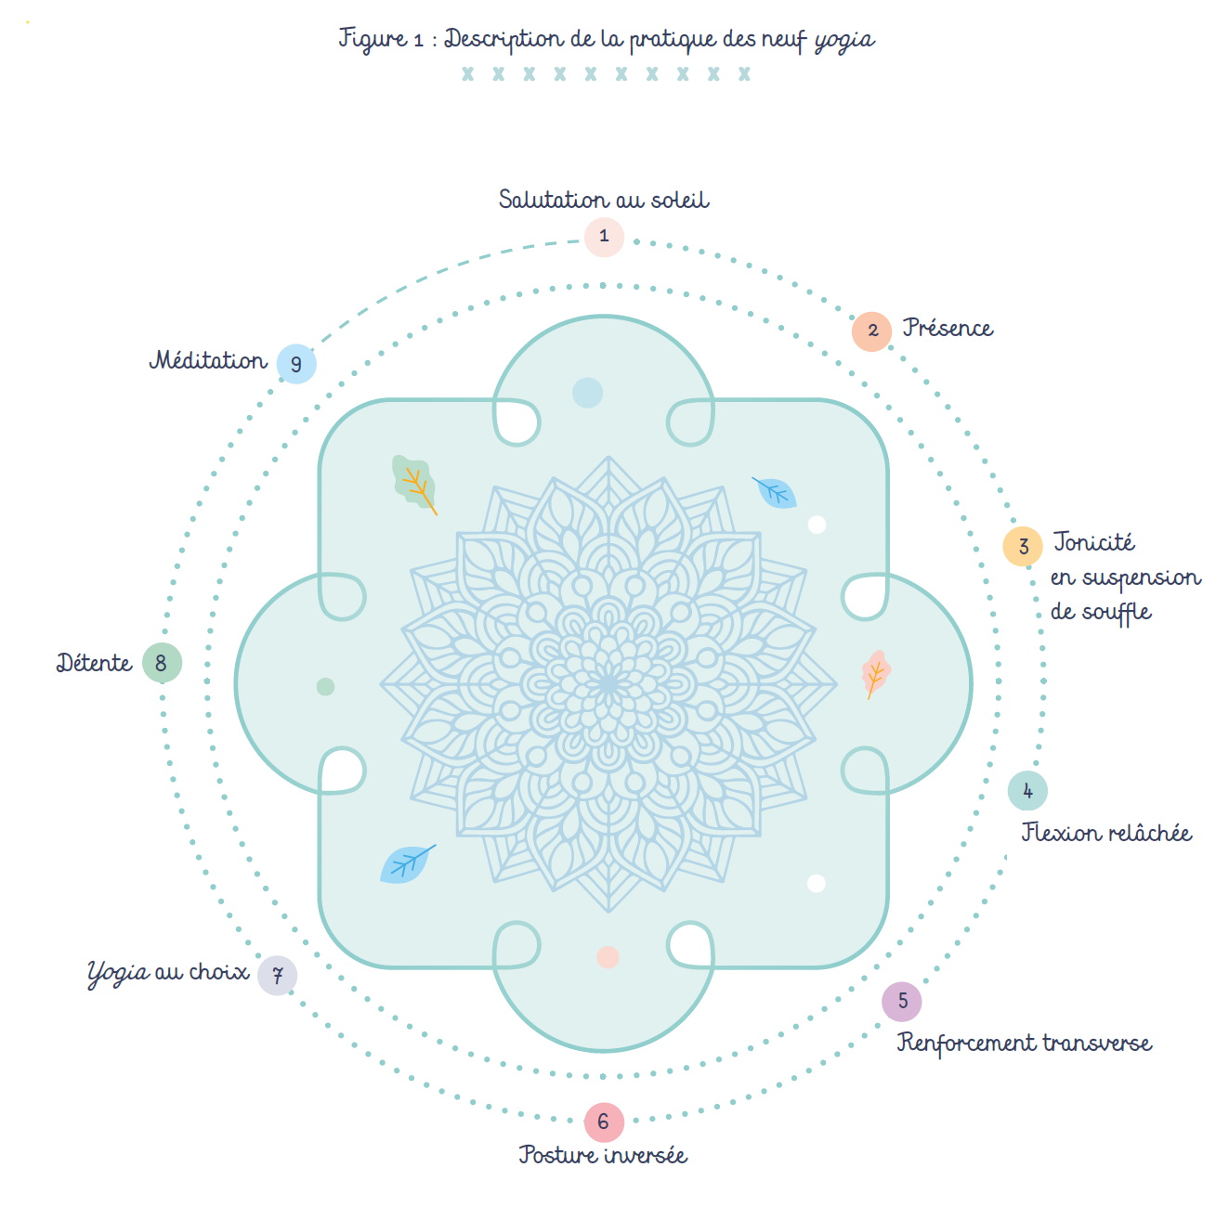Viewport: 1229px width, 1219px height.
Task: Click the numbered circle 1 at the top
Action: (603, 237)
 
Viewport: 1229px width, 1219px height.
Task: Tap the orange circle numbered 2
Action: (870, 331)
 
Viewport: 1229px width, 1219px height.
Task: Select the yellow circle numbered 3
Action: (1022, 546)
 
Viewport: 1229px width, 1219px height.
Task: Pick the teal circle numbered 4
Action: (1026, 790)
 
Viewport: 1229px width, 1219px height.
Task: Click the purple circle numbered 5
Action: (901, 1001)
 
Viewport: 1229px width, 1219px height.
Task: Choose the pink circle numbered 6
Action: (603, 1122)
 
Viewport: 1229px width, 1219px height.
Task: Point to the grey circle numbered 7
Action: (277, 975)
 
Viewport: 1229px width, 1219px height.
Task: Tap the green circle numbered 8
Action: (162, 662)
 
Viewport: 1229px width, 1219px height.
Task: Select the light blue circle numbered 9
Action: (296, 363)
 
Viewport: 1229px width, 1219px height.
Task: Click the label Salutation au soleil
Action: (603, 199)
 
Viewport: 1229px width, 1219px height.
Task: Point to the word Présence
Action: (948, 327)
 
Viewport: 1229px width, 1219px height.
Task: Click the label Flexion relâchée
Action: (1105, 832)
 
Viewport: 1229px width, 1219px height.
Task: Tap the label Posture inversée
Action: (603, 1154)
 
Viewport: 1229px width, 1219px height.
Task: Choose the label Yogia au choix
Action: (168, 973)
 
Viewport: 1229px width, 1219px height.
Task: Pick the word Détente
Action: (95, 662)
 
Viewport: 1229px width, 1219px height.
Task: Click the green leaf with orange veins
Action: (414, 484)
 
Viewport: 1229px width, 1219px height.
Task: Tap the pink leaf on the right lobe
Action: (875, 673)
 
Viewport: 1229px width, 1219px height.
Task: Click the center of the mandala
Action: (608, 684)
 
